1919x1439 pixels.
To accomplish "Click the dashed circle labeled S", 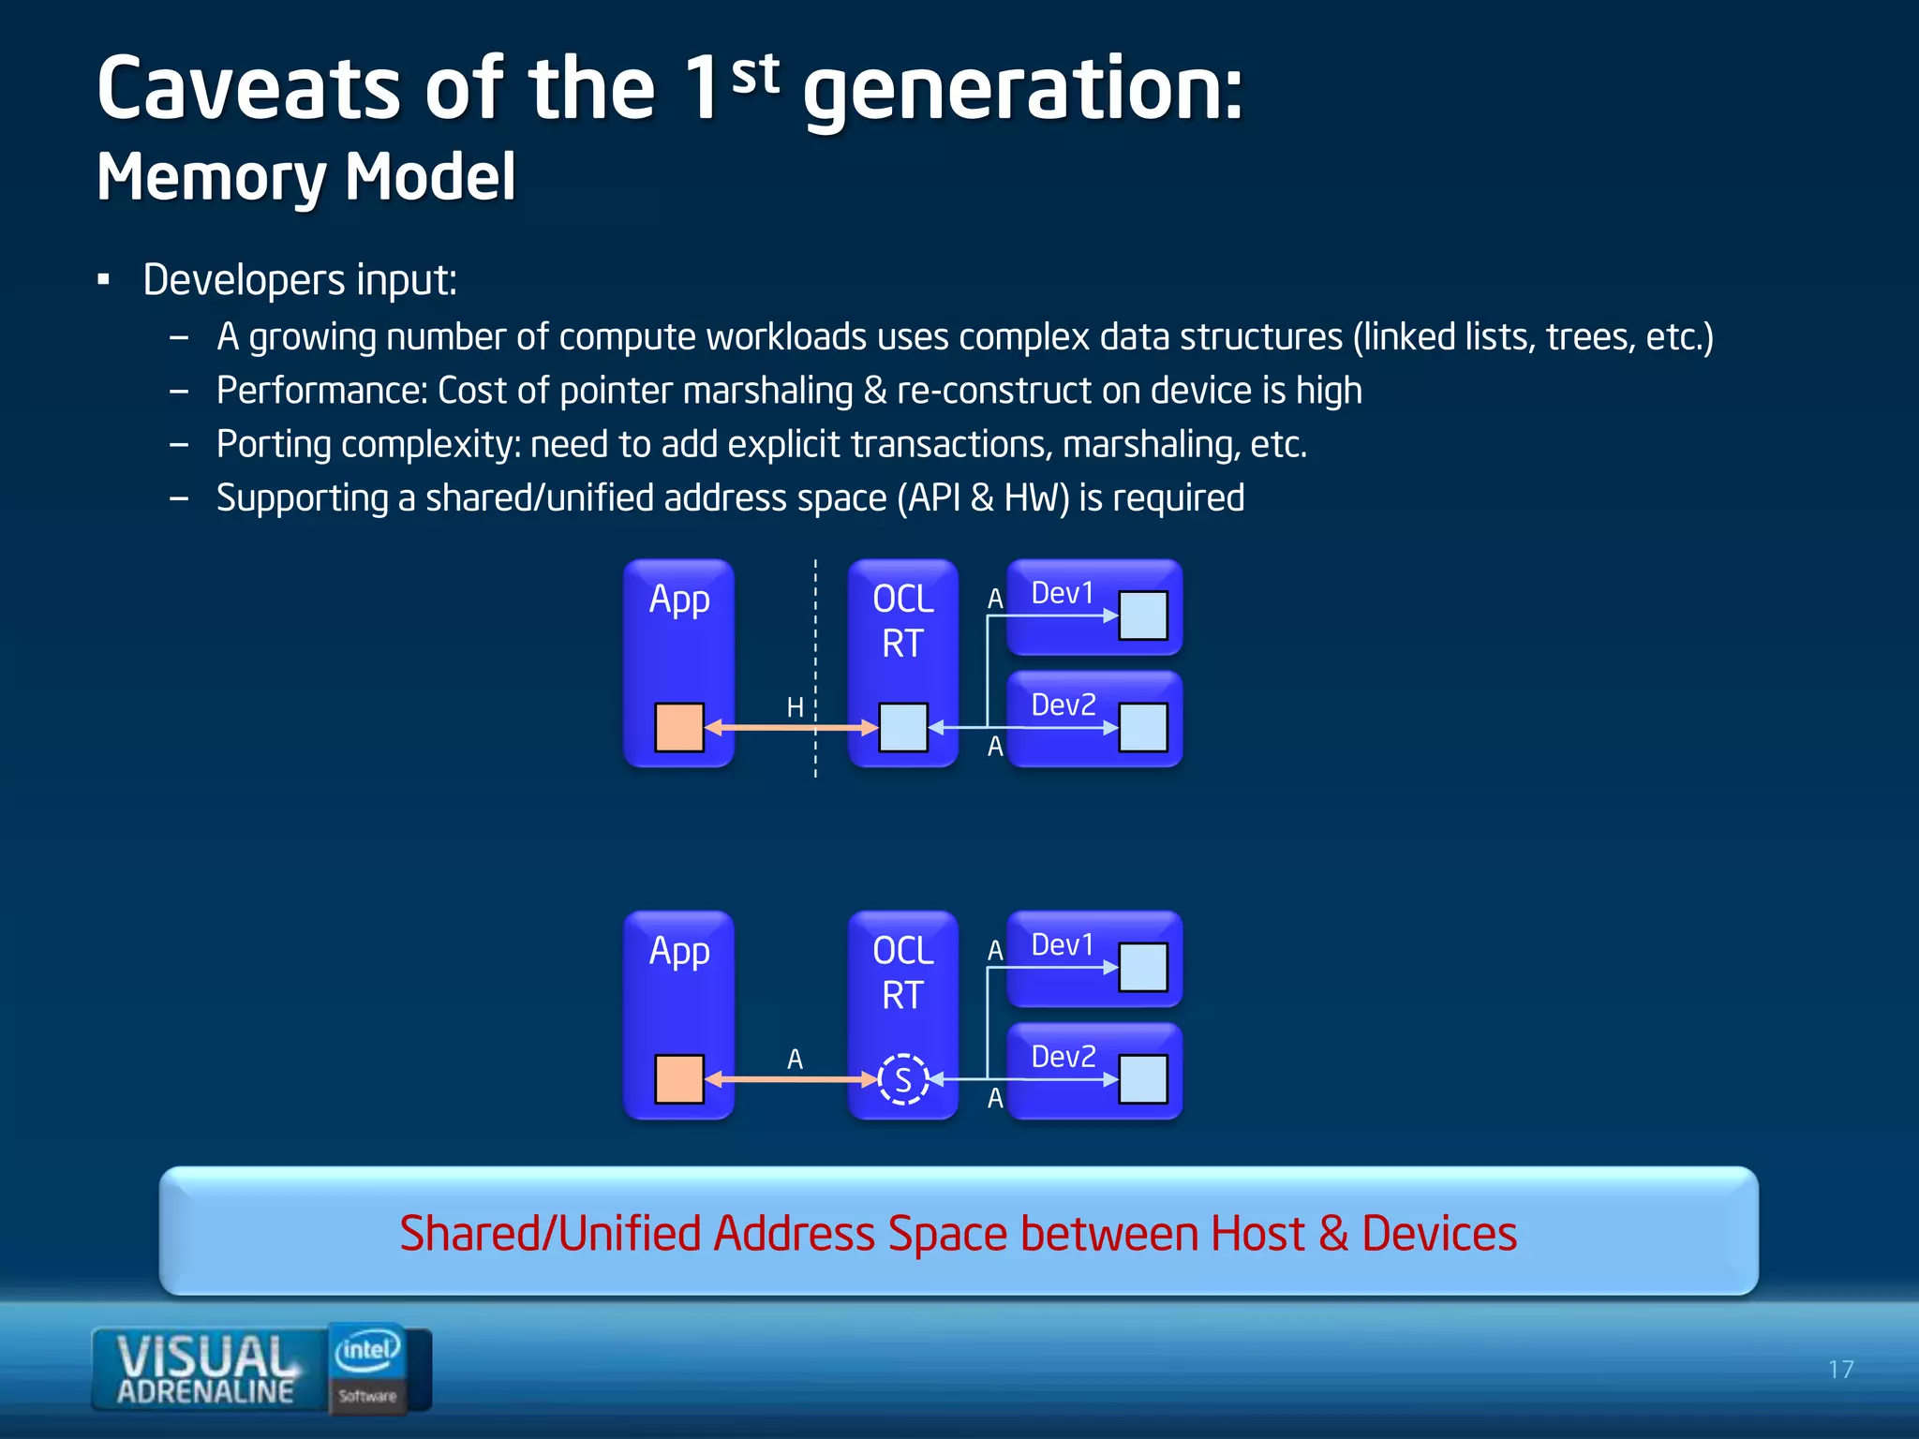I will point(903,1079).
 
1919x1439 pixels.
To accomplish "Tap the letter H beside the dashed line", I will point(795,707).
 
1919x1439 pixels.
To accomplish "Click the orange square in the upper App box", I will point(679,728).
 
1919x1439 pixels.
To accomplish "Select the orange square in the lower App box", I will point(679,1079).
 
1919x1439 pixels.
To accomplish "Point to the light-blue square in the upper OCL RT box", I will point(903,728).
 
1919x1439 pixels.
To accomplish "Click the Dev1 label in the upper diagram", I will point(1063,593).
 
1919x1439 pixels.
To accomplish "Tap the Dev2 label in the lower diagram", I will point(1063,1057).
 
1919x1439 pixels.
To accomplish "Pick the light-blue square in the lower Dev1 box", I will point(1143,967).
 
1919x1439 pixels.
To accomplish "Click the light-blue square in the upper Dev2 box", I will point(1143,728).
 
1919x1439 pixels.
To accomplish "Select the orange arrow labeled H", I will point(792,728).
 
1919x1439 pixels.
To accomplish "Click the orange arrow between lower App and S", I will point(792,1079).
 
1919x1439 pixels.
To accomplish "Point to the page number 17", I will point(1840,1370).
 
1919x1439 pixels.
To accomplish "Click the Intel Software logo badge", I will point(368,1368).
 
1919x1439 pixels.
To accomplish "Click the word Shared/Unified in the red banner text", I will point(550,1234).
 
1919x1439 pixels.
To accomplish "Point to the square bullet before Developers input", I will point(104,280).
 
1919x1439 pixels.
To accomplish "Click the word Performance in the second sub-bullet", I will point(321,391).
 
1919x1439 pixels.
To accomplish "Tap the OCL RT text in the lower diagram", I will point(903,972).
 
